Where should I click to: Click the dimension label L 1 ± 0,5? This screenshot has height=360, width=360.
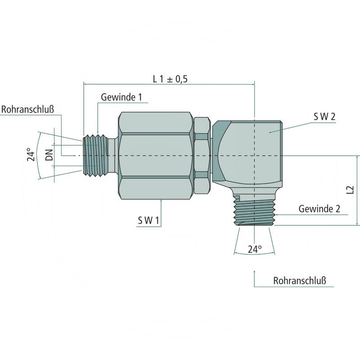[170, 79]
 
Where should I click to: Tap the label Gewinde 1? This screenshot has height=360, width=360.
[121, 97]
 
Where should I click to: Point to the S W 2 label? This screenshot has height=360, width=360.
[324, 117]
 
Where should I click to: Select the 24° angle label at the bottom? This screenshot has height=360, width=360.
[254, 249]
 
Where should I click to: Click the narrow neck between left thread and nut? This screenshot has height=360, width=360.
[112, 155]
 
